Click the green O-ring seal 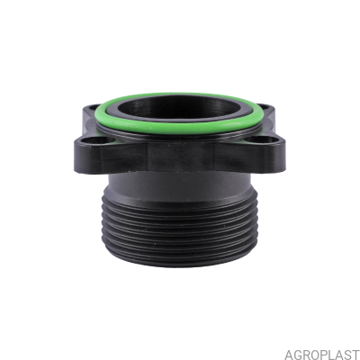point(180,129)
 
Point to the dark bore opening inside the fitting point(179,109)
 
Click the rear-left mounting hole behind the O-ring point(93,106)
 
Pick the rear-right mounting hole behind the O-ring point(264,106)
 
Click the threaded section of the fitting point(179,228)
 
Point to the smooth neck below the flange point(179,182)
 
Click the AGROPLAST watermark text point(321,354)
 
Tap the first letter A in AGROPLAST point(289,354)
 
